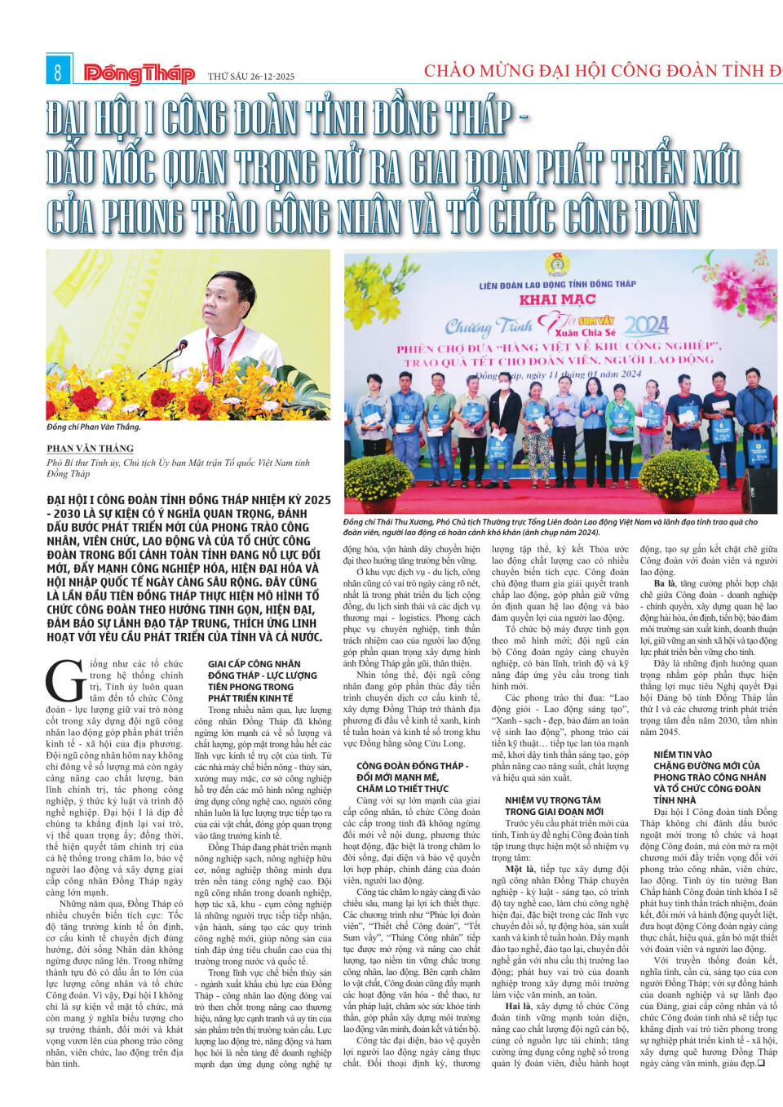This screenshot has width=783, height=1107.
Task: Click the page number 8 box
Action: [58, 73]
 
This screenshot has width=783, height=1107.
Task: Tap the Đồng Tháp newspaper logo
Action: [139, 74]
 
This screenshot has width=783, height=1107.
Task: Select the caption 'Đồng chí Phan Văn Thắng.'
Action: [94, 427]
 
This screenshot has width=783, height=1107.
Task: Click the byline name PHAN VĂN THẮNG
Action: [91, 449]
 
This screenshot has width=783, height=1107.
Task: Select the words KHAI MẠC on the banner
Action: [558, 299]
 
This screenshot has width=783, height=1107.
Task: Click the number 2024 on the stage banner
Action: [647, 326]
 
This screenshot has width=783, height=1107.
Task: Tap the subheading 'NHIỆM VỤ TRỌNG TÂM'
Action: [553, 800]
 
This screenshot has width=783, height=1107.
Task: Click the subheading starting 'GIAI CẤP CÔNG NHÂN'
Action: [254, 664]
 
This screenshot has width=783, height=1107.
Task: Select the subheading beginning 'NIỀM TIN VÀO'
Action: [683, 755]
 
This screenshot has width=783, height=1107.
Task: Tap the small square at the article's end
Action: [760, 1064]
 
